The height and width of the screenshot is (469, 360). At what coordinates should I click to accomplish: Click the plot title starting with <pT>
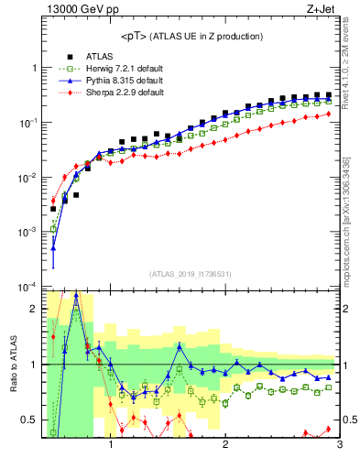coord(191,37)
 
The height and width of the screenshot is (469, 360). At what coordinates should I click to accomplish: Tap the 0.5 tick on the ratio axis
coord(29,420)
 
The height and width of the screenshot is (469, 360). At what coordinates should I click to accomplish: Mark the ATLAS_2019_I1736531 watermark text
coord(191,274)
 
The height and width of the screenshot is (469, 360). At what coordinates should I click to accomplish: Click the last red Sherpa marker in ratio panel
coord(328,429)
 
